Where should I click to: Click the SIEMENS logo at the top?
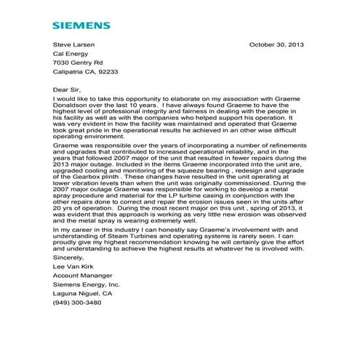click(81, 25)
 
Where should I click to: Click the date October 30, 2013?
click(276, 44)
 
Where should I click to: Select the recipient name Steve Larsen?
click(73, 44)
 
